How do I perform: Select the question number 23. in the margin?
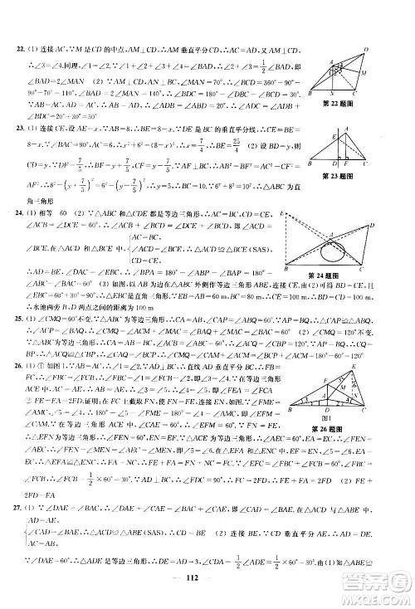click(23, 130)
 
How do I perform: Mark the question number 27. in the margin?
click(23, 507)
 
